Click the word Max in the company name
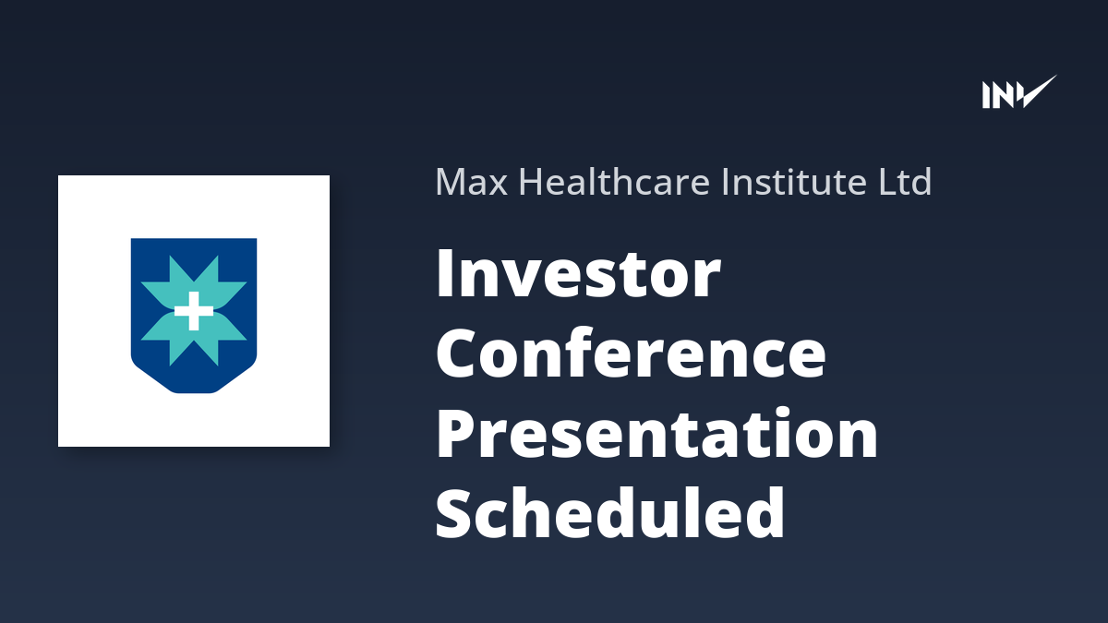(x=472, y=182)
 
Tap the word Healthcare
(x=615, y=182)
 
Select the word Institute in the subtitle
(x=794, y=182)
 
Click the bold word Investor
(x=578, y=274)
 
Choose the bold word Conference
(x=631, y=353)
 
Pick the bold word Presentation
(x=656, y=434)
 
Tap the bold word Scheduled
(x=610, y=512)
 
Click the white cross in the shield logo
(x=194, y=311)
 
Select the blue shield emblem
(x=194, y=316)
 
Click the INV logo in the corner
(x=1019, y=91)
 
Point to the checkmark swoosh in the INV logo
(x=1035, y=91)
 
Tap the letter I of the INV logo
(x=986, y=95)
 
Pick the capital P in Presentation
(x=456, y=434)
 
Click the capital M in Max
(x=452, y=182)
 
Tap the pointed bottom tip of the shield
(x=194, y=392)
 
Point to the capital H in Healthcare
(x=531, y=182)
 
